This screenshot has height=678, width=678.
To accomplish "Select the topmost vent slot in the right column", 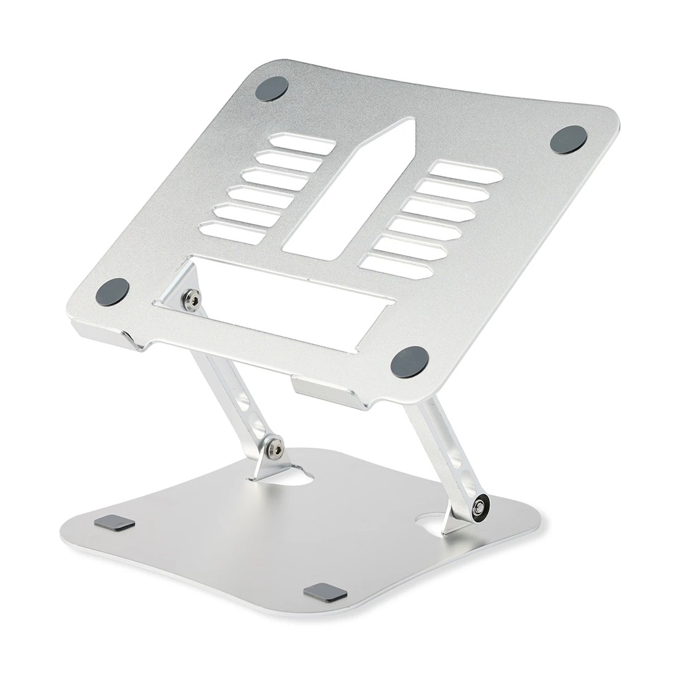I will pos(461,169).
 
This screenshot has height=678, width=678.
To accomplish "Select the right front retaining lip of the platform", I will pos(324,388).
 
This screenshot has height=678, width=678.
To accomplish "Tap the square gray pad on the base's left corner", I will pos(116,524).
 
